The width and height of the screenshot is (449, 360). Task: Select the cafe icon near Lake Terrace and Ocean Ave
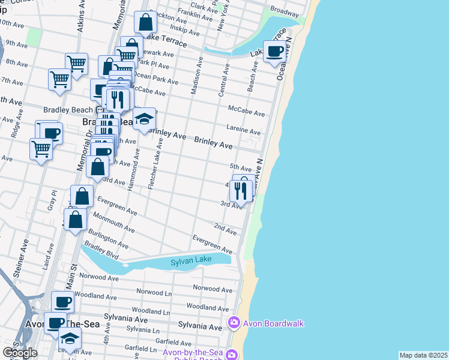click(x=276, y=52)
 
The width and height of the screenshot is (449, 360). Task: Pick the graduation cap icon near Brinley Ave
click(x=144, y=119)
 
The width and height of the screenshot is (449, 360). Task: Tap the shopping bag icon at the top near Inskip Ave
click(x=146, y=23)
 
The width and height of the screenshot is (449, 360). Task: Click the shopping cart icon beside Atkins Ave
click(x=76, y=62)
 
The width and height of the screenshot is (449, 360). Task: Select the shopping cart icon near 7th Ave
click(x=60, y=79)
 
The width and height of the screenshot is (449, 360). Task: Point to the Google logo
click(x=19, y=353)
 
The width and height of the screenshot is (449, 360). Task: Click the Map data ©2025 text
click(x=423, y=355)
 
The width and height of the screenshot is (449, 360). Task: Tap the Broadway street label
click(x=285, y=11)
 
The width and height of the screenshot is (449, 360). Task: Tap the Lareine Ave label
click(x=244, y=130)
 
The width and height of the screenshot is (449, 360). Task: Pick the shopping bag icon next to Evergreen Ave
click(x=82, y=196)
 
